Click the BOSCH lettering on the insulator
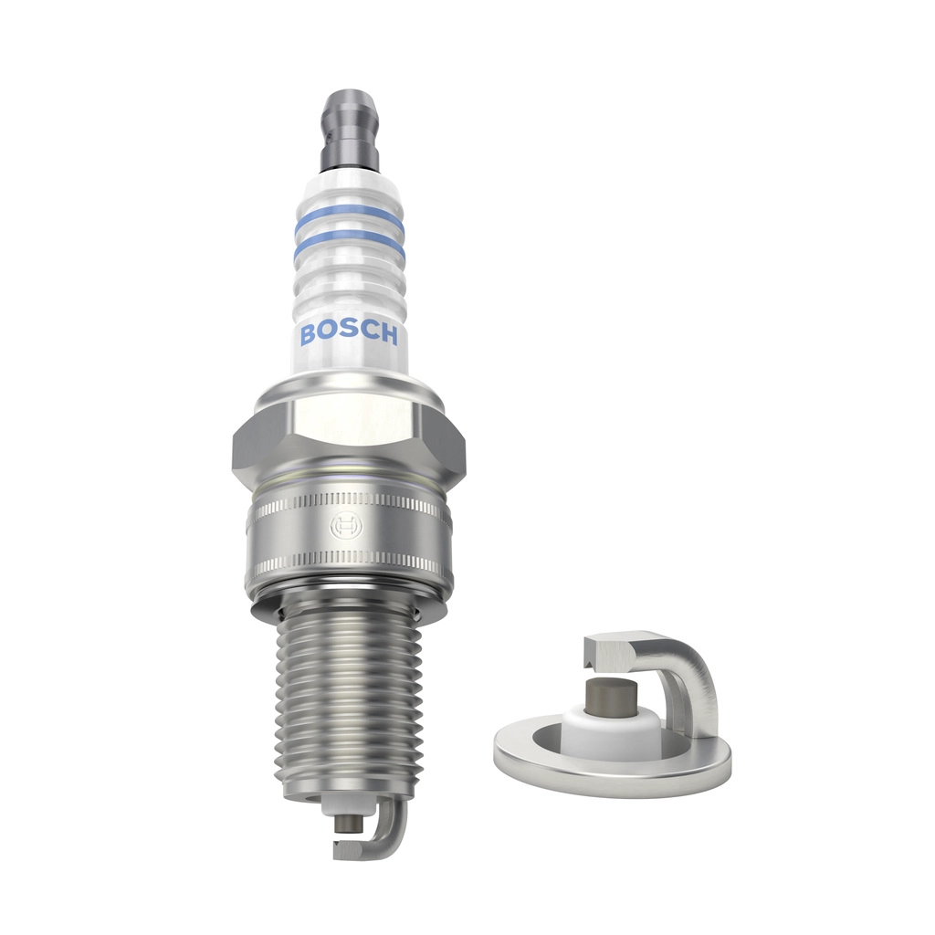349,334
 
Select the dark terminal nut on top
350,128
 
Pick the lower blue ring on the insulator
349,255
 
